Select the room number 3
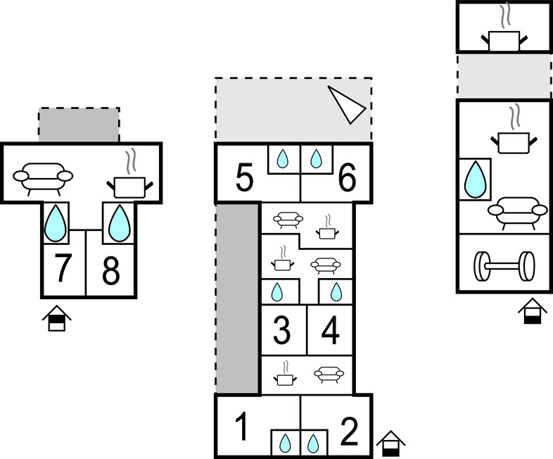tap(281, 331)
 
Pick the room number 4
tap(331, 331)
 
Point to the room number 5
tap(243, 178)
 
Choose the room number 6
tap(347, 178)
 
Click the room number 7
tap(63, 270)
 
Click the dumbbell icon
tap(503, 267)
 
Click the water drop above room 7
tap(56, 222)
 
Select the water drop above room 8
tap(119, 222)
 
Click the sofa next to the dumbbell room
tap(517, 210)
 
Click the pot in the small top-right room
tap(504, 36)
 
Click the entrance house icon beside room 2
tap(390, 444)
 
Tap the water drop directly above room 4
tap(336, 291)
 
